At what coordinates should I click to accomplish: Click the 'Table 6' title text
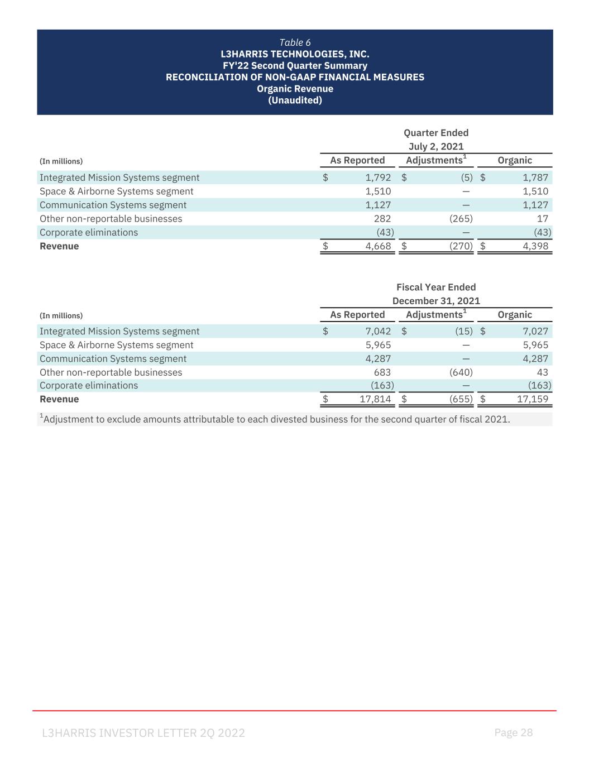point(295,42)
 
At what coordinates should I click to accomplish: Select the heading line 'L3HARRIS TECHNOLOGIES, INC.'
point(295,54)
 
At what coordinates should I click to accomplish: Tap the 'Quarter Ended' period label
point(436,132)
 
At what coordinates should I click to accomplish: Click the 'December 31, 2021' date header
point(436,301)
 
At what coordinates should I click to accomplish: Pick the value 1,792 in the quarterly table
point(378,178)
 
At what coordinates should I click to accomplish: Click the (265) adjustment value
point(461,218)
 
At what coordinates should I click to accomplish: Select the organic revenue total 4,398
point(535,246)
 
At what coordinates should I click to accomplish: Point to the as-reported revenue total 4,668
point(378,246)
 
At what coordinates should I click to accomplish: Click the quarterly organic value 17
point(542,218)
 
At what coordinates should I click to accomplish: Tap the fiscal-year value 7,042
point(378,331)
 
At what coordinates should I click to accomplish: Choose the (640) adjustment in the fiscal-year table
point(461,372)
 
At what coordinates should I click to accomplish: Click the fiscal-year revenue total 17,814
point(375,399)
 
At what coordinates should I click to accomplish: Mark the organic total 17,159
point(532,399)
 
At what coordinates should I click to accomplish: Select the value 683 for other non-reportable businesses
point(382,372)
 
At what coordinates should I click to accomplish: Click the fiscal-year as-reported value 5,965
point(378,345)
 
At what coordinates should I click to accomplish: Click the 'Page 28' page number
point(514,732)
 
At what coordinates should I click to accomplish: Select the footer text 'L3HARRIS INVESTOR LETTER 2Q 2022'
point(143,733)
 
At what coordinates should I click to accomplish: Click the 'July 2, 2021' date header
point(436,146)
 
